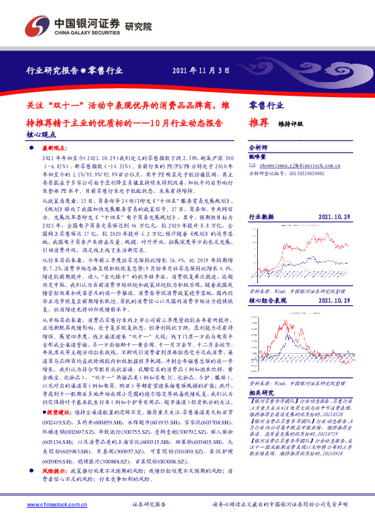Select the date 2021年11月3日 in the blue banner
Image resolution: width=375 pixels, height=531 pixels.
200,71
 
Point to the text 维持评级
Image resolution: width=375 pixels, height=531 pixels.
291,124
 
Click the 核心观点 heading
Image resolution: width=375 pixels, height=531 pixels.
42,134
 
